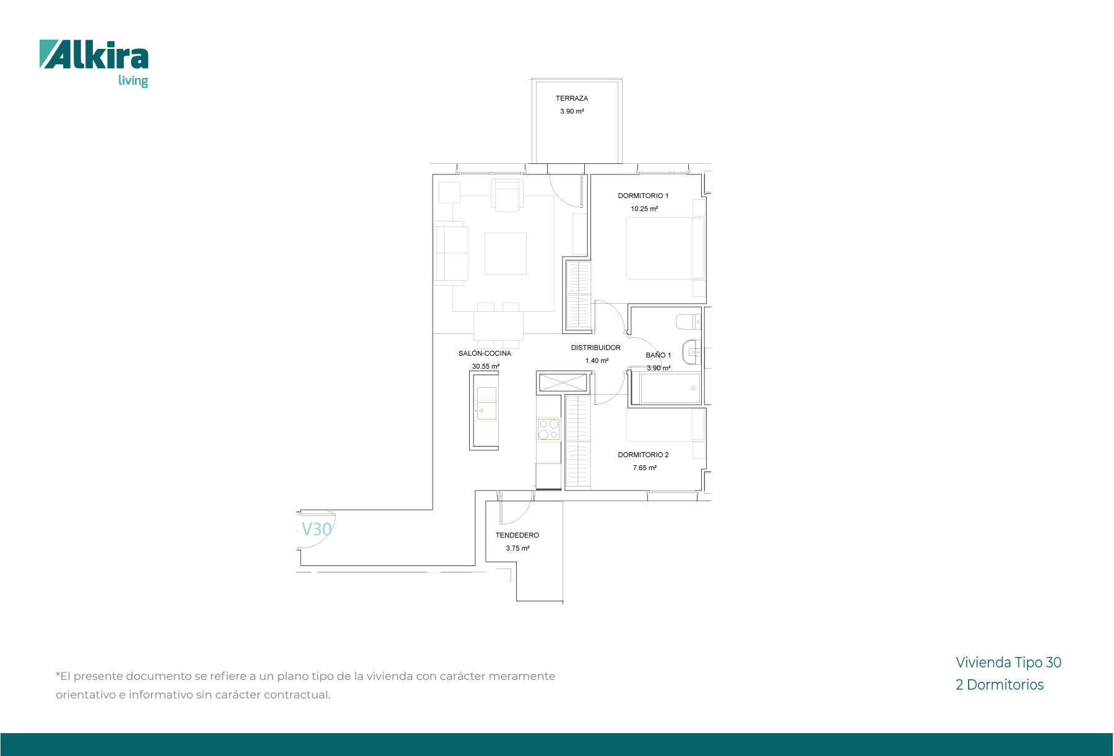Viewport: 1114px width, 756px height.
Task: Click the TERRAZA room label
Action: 572,98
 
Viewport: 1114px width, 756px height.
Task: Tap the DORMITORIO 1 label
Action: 643,195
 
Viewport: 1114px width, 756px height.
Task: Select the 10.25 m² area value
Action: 644,208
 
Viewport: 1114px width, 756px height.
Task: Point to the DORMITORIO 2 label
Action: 643,455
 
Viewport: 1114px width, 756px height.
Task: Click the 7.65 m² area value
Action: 644,468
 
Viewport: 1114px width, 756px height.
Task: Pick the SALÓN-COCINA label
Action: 485,353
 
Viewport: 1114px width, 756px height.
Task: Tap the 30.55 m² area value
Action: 486,366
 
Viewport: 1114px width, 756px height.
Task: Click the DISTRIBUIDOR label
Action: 596,348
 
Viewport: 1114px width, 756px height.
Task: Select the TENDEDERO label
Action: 517,535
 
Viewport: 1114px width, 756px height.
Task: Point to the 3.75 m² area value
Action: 517,548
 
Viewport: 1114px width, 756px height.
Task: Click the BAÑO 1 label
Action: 658,355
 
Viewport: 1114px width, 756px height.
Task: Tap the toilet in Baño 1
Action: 688,322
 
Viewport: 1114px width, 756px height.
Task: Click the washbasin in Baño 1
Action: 691,352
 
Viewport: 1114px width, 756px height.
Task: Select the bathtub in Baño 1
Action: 666,388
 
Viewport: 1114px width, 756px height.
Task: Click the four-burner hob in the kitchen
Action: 548,429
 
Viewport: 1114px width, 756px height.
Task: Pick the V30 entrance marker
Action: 316,530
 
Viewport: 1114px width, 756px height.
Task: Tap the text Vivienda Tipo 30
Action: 1008,663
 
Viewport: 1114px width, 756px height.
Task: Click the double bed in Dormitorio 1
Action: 665,248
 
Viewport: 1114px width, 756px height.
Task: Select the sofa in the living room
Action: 450,253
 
